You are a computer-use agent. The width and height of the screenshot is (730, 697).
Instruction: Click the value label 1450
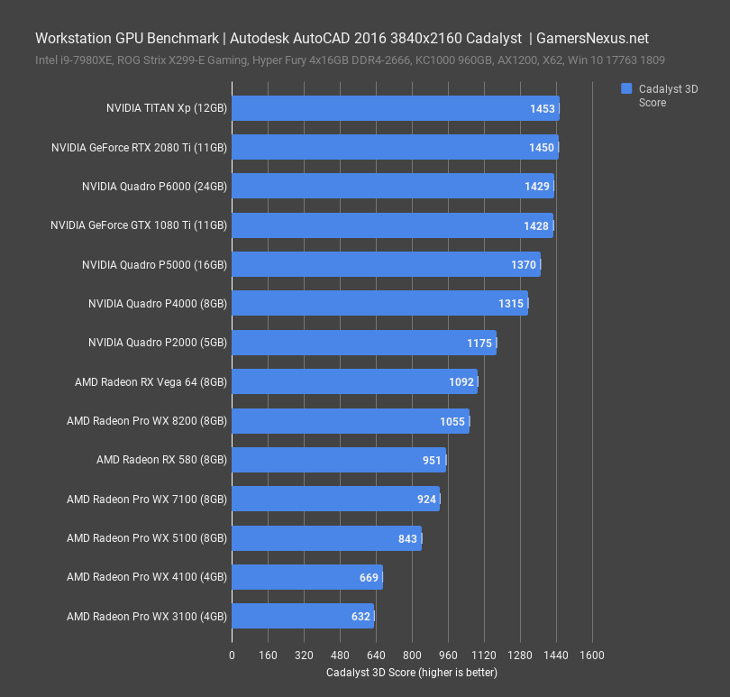pos(542,147)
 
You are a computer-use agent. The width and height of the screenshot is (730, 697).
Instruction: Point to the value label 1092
pos(461,382)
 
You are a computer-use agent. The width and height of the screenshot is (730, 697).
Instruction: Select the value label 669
pos(368,578)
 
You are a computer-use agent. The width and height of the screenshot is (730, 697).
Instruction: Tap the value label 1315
pos(511,304)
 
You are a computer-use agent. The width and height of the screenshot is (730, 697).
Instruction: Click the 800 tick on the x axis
pos(412,656)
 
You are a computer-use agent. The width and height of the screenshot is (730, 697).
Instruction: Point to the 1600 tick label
pos(591,656)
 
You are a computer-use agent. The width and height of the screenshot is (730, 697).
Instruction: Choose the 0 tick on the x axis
pos(233,656)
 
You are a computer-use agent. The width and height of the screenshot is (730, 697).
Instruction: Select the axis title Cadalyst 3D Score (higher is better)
pos(411,673)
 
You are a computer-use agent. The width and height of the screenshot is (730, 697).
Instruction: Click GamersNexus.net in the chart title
pos(592,39)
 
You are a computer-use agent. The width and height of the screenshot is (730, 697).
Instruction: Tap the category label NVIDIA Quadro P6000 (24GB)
pos(154,187)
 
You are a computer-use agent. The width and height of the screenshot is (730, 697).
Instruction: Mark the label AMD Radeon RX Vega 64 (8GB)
pos(151,382)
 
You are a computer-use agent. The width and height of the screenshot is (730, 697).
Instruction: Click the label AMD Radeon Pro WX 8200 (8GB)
pos(147,421)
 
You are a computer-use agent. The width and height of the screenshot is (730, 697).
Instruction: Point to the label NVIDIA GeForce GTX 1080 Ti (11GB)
pos(139,225)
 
